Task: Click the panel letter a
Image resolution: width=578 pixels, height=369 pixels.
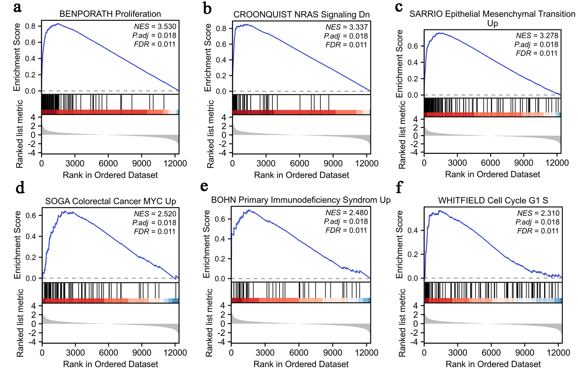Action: coord(17,7)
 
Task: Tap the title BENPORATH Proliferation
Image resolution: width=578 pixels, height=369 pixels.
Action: coord(110,14)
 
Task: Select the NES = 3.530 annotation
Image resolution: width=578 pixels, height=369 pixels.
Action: coord(155,26)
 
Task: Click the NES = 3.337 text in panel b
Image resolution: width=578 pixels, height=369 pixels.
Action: coord(346,27)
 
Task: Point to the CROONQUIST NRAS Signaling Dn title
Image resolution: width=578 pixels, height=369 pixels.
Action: coord(301,15)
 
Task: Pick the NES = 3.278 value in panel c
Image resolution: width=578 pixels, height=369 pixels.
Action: coord(537,35)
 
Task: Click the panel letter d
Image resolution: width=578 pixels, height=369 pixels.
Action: coord(20,188)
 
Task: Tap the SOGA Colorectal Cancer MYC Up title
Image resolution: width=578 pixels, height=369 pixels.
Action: coord(111,201)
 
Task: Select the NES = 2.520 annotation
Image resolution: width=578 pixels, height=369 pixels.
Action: coord(155,214)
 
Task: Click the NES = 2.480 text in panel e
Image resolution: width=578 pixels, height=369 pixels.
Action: coord(346,213)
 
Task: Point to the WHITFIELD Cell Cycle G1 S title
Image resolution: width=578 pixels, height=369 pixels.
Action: coord(493,200)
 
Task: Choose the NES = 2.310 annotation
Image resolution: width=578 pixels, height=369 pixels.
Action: coord(538,213)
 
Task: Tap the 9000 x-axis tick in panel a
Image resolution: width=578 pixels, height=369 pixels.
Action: coord(142,163)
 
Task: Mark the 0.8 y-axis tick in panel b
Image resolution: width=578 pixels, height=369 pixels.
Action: coord(221,29)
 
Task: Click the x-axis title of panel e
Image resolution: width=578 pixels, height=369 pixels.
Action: coord(301,364)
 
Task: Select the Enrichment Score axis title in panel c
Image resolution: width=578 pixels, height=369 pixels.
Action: coord(400,64)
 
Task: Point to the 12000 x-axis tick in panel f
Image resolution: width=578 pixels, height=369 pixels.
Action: coord(558,352)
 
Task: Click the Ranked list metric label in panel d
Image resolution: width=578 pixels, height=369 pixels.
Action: coord(20,322)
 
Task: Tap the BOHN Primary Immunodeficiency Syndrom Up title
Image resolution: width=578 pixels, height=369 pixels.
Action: coord(301,200)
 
